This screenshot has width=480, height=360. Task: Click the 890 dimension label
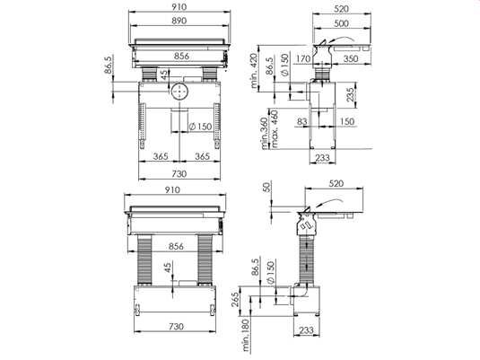coord(179,21)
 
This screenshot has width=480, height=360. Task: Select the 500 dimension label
coord(341,23)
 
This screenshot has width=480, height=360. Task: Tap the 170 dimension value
coord(303,58)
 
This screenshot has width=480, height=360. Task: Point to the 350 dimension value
coord(351,58)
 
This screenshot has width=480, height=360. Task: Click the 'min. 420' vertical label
coord(254,71)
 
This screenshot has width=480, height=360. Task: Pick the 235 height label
coord(351,94)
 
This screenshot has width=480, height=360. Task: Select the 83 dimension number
coord(302,121)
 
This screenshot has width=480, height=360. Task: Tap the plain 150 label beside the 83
coord(347,121)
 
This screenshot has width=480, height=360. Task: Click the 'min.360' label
coord(265,134)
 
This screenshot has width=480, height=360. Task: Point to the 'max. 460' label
coord(275,129)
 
